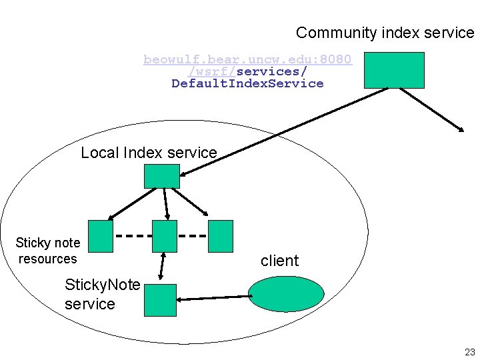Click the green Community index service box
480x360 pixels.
coord(393,70)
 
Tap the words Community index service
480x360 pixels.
coord(385,33)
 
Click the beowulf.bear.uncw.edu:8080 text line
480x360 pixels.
coord(247,59)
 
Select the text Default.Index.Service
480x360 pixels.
coord(247,83)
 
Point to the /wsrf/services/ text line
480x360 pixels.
coord(247,71)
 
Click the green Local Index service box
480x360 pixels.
coord(162,175)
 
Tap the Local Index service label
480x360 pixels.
coord(149,153)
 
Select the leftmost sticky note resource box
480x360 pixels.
coord(101,236)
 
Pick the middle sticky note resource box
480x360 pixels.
coord(165,236)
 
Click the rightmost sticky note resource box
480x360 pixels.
coord(221,236)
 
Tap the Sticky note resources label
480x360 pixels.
coord(47,251)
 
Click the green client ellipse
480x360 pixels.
coord(286,293)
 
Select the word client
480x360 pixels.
coord(279,261)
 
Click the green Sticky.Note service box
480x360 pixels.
coord(161,300)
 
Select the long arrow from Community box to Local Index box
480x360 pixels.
coord(287,131)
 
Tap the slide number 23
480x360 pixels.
coord(469,352)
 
